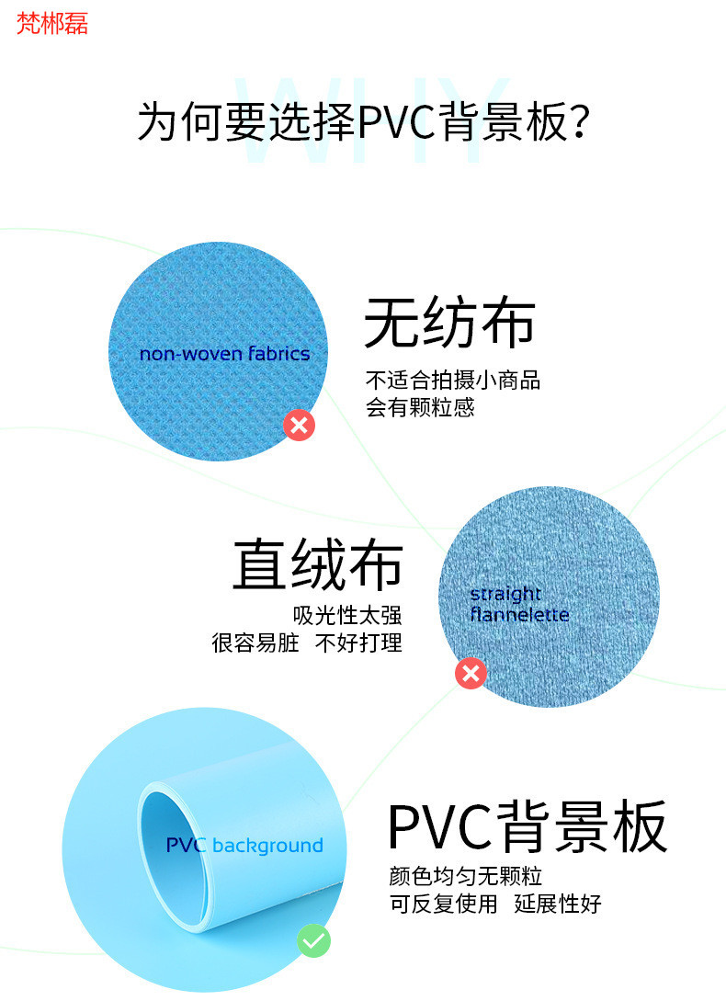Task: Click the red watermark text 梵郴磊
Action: point(52,24)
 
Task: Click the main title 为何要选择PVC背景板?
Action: point(363,121)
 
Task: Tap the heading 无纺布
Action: point(449,324)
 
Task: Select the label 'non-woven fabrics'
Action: point(224,354)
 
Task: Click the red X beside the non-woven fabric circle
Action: point(299,425)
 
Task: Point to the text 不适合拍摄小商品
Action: point(453,380)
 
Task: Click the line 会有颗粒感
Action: point(420,407)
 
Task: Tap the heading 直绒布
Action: point(317,564)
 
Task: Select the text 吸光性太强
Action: point(347,615)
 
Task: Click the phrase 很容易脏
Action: point(255,643)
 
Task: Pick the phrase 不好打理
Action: point(358,643)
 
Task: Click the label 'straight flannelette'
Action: point(519,604)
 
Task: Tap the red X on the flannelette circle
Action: point(471,674)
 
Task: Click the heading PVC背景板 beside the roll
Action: point(527,826)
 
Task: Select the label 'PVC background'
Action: point(244,846)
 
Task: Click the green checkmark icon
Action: point(313,941)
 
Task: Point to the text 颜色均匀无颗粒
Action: point(466,876)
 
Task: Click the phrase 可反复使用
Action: point(443,904)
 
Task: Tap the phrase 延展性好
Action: point(558,904)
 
